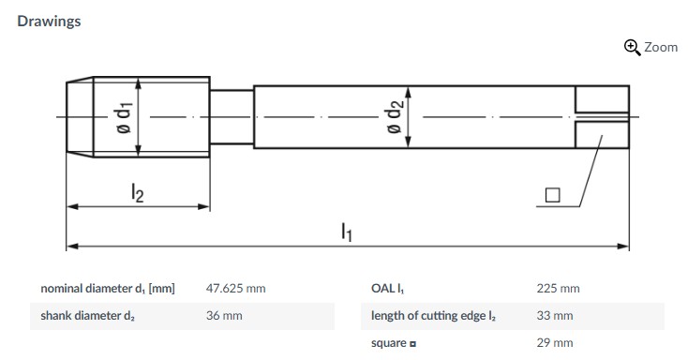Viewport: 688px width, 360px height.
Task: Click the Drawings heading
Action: pos(49,21)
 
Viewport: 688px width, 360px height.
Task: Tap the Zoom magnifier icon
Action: pos(633,47)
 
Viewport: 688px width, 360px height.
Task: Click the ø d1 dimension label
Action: pos(124,118)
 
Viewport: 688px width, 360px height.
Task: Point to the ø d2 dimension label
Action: pos(394,116)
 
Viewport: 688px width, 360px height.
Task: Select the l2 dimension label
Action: pos(138,193)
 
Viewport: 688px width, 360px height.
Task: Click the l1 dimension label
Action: pos(347,232)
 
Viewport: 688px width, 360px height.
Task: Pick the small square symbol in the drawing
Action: pos(552,195)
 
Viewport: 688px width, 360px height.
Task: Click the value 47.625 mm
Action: pos(235,289)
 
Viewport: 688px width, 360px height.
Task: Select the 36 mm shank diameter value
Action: pos(224,316)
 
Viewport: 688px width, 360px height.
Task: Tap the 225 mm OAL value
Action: pos(558,289)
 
